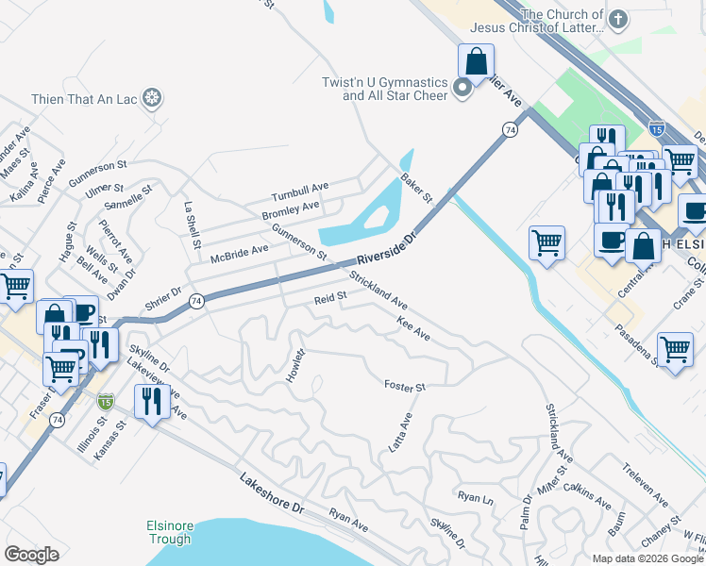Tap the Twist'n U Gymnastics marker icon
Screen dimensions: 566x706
pos(462,90)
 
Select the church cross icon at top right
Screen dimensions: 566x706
pos(618,20)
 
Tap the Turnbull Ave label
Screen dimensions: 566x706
pos(300,193)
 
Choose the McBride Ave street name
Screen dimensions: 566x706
pos(240,250)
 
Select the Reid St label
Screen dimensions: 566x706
pos(331,299)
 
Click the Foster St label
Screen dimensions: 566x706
pos(405,386)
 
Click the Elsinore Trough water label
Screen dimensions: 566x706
pos(169,532)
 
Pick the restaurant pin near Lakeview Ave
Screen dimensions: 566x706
pos(151,403)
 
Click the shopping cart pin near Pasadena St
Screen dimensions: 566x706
pos(675,351)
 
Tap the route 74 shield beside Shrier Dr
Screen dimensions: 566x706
pos(195,301)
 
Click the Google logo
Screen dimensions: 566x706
pos(31,554)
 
